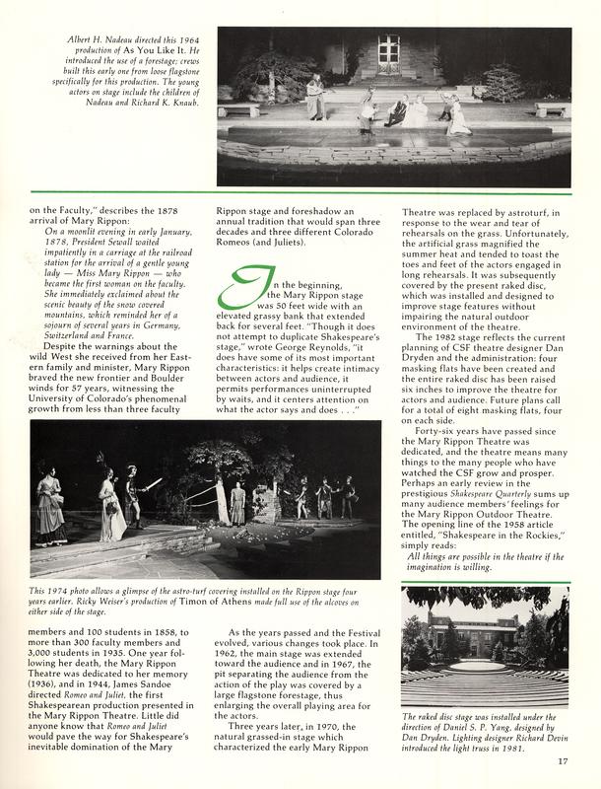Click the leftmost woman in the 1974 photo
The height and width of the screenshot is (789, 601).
[49, 502]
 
